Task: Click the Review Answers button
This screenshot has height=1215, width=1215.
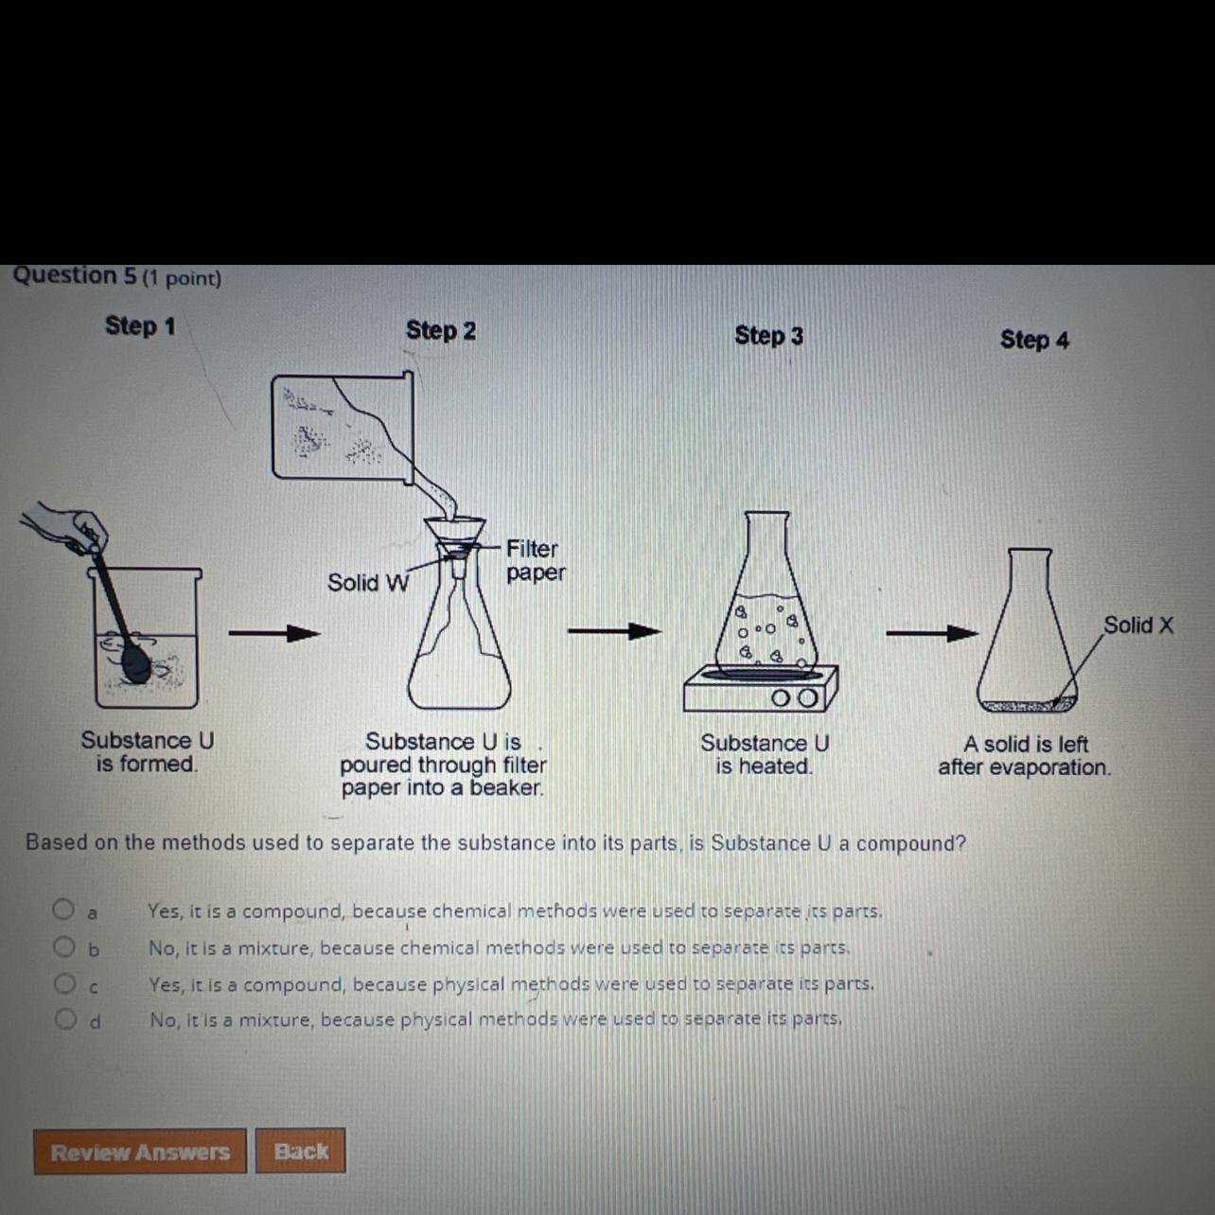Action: coord(140,1152)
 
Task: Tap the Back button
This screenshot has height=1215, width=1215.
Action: coord(301,1151)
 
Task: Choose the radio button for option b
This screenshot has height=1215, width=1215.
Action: coord(63,945)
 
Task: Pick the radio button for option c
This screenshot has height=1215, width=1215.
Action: coord(64,983)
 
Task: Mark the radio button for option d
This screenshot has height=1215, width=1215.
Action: coord(65,1019)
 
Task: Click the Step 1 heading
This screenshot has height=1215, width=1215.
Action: coord(140,326)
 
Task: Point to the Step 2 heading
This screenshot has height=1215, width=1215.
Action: coord(441,329)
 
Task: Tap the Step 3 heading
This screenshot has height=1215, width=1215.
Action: coord(768,335)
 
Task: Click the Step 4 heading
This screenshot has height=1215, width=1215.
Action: coord(1034,339)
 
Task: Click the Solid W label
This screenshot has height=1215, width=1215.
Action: coord(368,583)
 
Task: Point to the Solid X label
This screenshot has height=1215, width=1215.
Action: coord(1138,625)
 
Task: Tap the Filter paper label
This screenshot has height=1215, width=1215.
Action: coord(536,560)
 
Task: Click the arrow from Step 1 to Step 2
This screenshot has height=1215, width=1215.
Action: coord(274,633)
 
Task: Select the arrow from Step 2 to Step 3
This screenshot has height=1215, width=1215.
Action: coord(615,631)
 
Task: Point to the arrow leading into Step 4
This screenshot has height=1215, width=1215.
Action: coord(932,633)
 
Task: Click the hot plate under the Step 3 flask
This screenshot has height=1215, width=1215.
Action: coord(761,688)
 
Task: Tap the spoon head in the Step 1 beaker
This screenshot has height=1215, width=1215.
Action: coord(137,664)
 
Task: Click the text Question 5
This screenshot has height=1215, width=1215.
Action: coord(75,275)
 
